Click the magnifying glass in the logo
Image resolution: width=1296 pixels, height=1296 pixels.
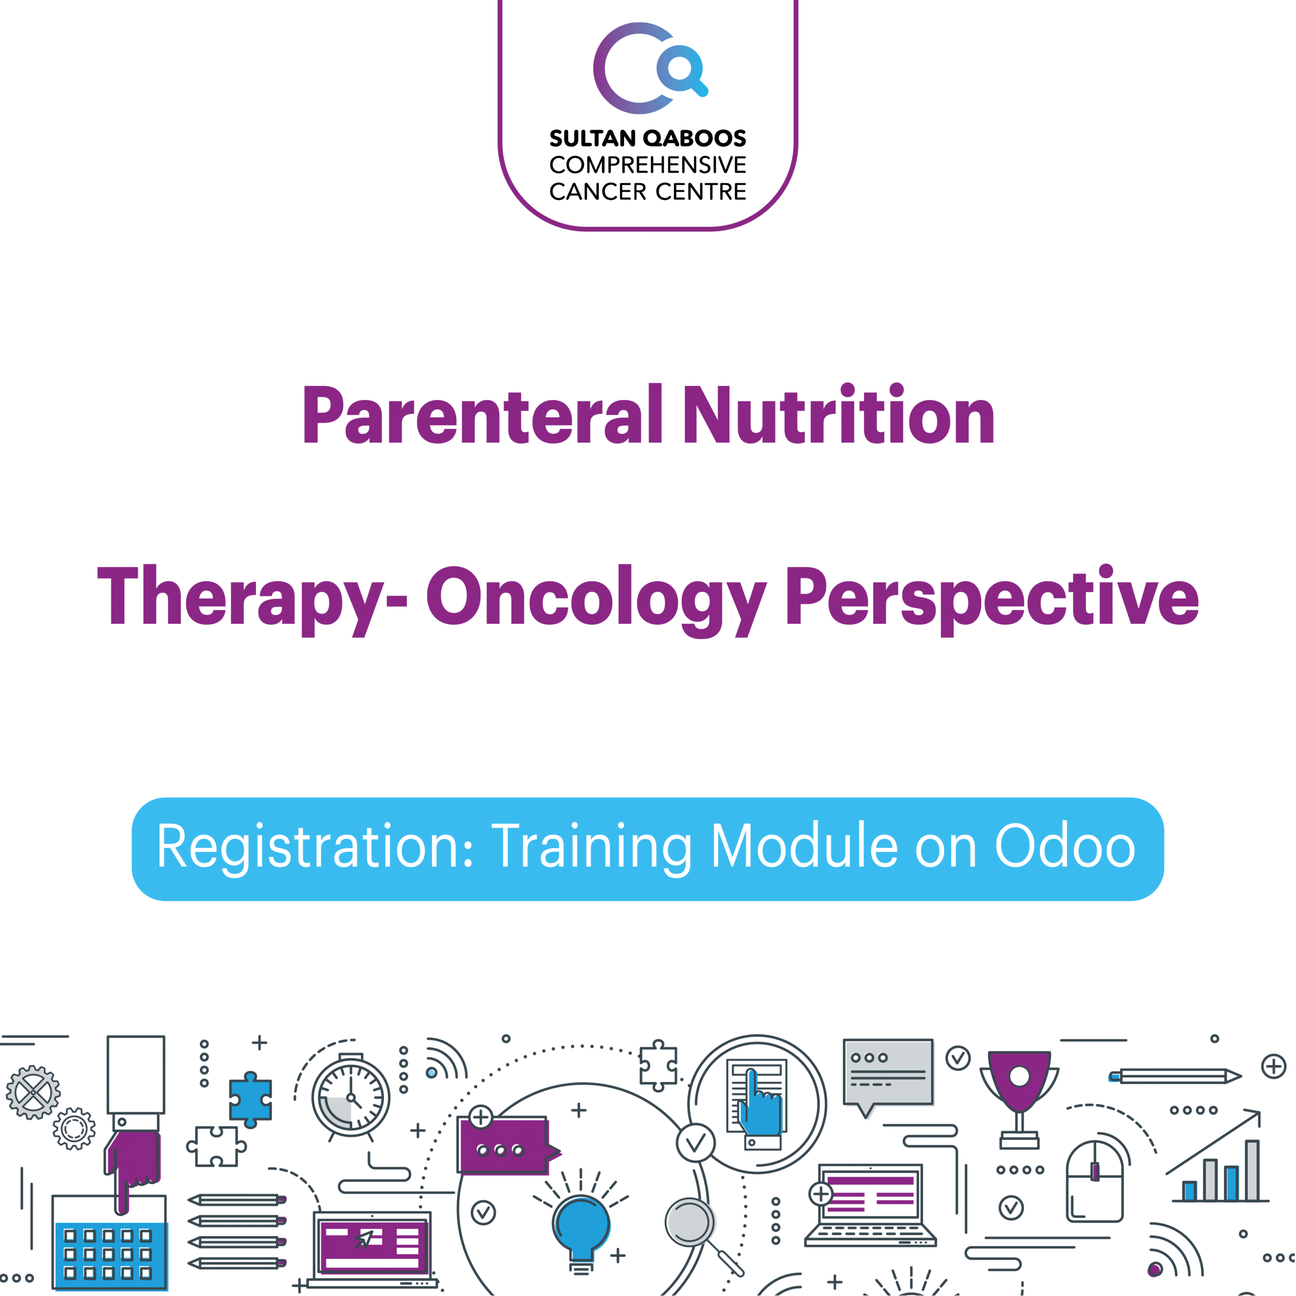pyautogui.click(x=681, y=69)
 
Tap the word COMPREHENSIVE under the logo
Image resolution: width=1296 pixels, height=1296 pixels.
pyautogui.click(x=647, y=165)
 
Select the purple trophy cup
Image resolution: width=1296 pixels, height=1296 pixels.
pyautogui.click(x=1019, y=1098)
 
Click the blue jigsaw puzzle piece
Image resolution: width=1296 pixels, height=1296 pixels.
pyautogui.click(x=250, y=1100)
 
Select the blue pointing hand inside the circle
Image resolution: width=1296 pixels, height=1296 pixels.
pyautogui.click(x=761, y=1103)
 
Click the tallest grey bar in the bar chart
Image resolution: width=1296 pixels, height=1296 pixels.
pyautogui.click(x=1252, y=1170)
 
